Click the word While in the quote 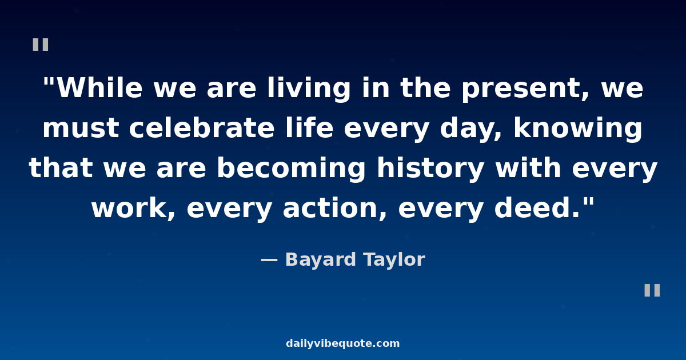pos(99,87)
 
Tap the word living pos(309,89)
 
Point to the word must pos(81,128)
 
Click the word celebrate pos(202,127)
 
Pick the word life pos(309,127)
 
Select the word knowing pos(577,129)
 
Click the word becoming pos(291,169)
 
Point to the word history pos(430,169)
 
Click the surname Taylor pos(394,261)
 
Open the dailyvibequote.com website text pos(342,343)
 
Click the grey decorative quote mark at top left pos(41,45)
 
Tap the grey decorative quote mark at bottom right pos(652,290)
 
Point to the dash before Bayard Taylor pos(269,260)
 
